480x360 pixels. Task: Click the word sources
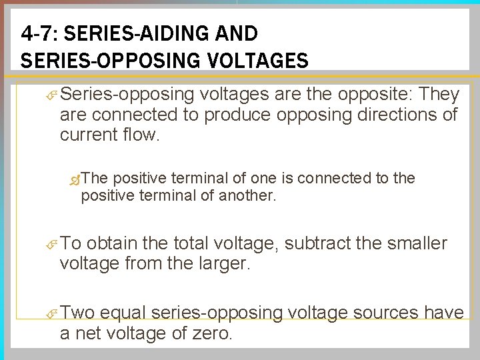coord(393,313)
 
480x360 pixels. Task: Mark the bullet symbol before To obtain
coord(52,245)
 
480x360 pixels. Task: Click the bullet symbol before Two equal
coord(52,313)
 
